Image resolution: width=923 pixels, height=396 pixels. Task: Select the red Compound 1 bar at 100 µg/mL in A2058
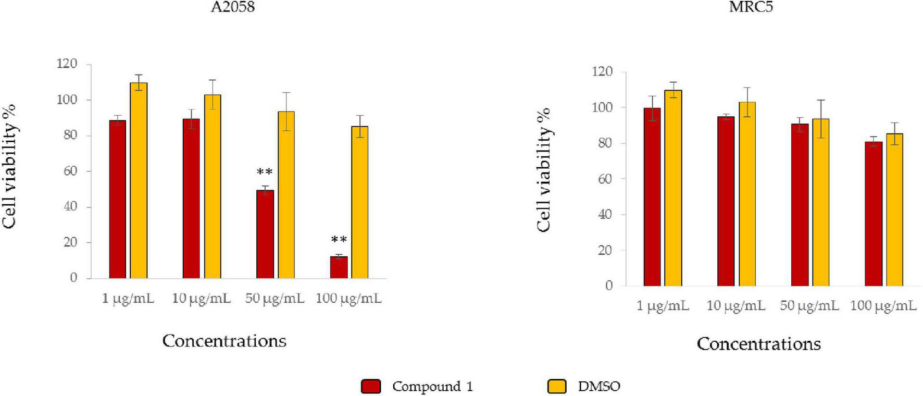coord(339,267)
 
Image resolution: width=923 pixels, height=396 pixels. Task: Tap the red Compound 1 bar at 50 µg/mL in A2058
coord(265,234)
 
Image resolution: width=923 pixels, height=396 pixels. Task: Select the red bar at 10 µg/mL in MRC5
coord(726,201)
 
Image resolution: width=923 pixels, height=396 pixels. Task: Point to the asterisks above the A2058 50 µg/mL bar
coord(265,172)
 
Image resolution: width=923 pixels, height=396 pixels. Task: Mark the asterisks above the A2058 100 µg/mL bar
coord(339,240)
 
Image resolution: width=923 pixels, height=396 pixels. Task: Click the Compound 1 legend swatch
coord(371,387)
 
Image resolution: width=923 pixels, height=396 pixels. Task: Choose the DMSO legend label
coord(599,387)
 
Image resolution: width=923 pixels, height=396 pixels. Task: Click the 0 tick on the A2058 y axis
coord(73,278)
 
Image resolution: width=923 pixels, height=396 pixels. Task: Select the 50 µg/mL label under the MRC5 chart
coord(809,306)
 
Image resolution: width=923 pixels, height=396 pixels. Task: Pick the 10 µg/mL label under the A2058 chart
coord(202,299)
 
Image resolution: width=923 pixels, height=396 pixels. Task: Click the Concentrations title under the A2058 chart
coord(224,341)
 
